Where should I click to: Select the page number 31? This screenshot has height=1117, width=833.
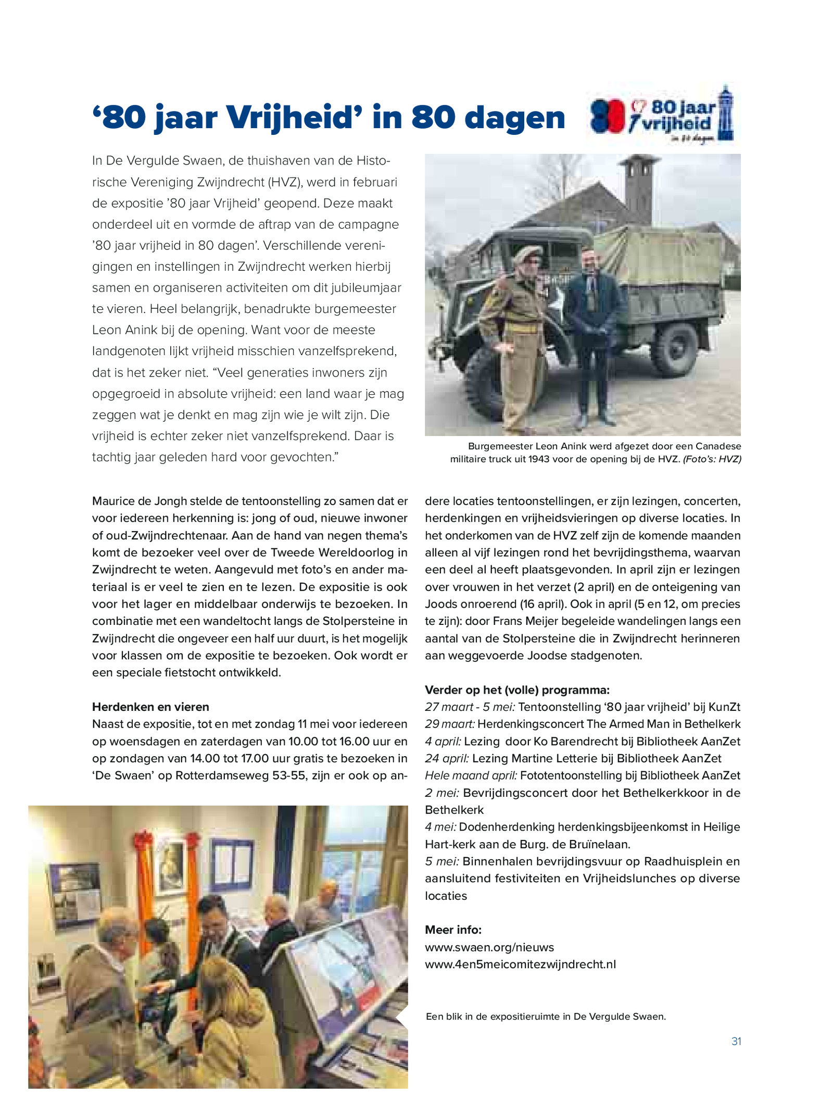pos(736,1041)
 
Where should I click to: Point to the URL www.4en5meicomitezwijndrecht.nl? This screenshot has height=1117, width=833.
pos(520,964)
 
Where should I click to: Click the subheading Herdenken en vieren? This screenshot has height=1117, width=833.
pos(150,707)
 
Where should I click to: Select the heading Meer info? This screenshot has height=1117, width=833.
pos(453,930)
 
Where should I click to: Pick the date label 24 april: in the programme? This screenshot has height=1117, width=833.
pos(447,758)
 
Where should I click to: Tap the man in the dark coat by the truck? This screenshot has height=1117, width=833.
pos(594,333)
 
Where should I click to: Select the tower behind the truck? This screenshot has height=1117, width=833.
pos(638,187)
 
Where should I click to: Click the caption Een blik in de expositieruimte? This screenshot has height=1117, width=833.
pos(545,1016)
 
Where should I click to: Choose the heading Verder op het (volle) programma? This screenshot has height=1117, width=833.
pos(517,690)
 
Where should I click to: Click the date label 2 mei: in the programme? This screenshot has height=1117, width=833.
pos(442,793)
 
